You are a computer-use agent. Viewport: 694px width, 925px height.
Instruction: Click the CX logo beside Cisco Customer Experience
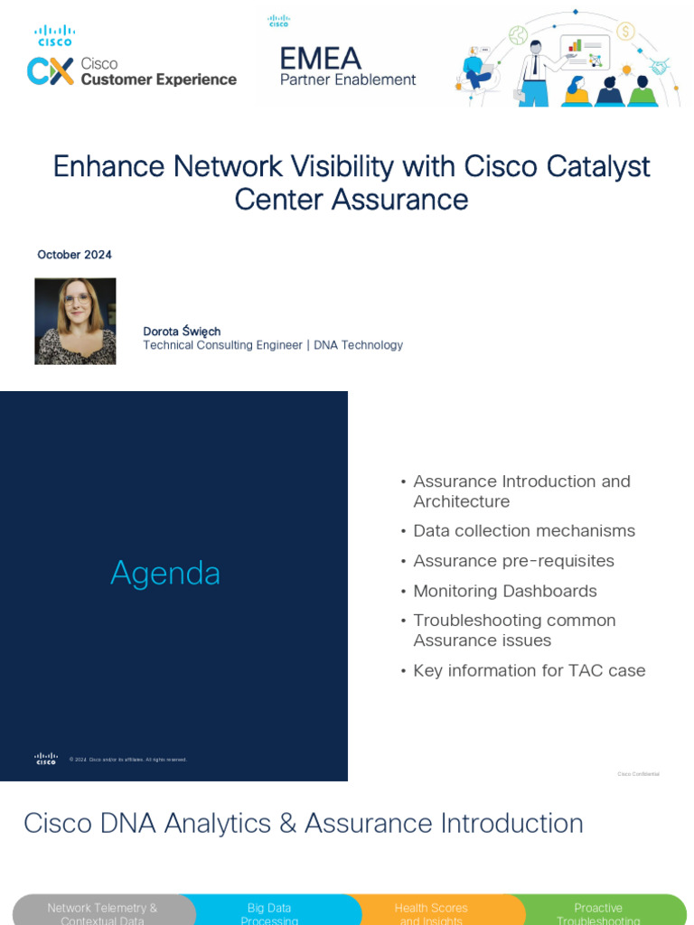50,71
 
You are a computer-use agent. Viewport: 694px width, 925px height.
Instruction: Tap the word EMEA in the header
320,59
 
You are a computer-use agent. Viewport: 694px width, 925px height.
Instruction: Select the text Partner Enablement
348,79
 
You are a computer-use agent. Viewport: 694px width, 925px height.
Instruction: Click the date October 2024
74,255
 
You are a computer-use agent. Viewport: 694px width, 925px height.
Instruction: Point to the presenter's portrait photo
75,321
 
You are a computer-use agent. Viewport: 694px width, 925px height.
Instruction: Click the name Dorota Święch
182,332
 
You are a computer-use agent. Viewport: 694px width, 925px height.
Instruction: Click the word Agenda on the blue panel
165,573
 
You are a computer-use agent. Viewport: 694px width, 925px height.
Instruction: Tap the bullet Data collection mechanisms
523,531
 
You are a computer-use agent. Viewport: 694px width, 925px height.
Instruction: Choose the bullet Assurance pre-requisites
513,561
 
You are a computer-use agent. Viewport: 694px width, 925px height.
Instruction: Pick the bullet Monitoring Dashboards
504,591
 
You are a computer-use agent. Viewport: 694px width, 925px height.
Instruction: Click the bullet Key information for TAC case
529,670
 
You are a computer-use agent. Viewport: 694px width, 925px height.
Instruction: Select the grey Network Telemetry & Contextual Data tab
101,912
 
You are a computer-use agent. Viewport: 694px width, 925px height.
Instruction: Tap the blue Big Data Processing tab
269,912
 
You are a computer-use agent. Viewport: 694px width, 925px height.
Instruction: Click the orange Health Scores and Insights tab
431,912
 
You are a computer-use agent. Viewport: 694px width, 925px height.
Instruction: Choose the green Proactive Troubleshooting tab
598,912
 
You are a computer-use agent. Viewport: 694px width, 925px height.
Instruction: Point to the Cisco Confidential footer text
638,774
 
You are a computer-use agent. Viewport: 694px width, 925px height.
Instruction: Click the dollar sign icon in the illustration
625,32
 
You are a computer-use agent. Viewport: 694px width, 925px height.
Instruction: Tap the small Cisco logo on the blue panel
46,759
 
